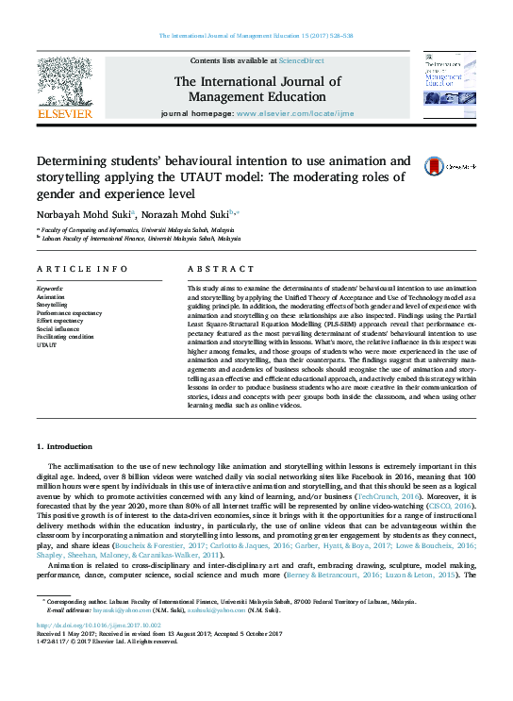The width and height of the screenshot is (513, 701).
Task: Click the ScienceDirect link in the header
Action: (x=301, y=59)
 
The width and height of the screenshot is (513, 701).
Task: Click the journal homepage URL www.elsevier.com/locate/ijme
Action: (x=295, y=113)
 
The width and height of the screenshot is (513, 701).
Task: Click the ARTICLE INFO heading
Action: (x=82, y=269)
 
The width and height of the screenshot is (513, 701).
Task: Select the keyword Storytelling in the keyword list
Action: (x=52, y=306)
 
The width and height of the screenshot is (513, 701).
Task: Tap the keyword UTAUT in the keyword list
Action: (x=46, y=344)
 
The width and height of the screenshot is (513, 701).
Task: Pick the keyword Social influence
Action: (x=58, y=328)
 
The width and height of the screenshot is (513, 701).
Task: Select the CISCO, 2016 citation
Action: (x=451, y=505)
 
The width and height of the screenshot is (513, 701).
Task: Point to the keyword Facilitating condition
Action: (x=65, y=337)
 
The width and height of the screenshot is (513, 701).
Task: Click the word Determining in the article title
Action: (x=75, y=160)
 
